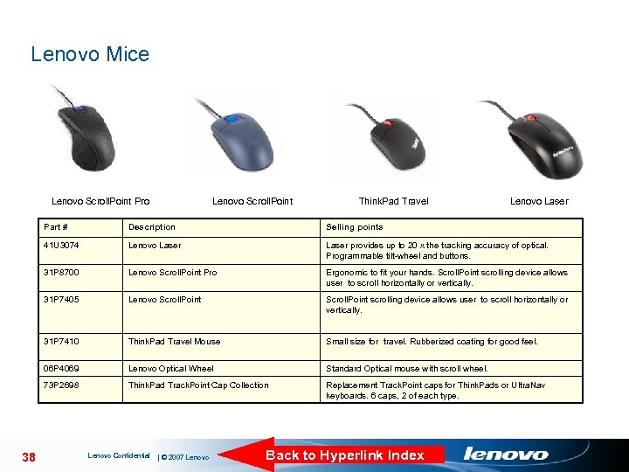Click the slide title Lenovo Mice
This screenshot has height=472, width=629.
[90, 54]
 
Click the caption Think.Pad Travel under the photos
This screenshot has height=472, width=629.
[393, 201]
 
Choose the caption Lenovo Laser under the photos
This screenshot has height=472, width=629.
[538, 201]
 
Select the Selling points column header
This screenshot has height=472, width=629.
[354, 227]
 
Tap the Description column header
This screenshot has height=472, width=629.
[151, 227]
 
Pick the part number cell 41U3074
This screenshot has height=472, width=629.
[61, 246]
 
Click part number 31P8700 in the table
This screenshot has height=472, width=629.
[61, 273]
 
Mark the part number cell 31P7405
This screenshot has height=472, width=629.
[61, 300]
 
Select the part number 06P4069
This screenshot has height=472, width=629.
[61, 369]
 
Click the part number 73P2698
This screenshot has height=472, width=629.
[61, 385]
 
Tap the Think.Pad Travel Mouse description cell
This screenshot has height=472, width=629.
[174, 342]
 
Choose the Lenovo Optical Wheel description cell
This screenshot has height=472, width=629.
[170, 369]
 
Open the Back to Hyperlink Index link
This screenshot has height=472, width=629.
[344, 455]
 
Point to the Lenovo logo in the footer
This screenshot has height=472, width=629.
[506, 454]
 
